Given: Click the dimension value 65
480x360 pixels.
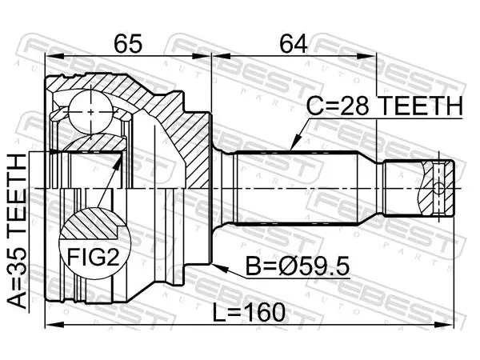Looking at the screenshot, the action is (128, 43).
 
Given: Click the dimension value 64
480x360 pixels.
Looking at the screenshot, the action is (294, 43).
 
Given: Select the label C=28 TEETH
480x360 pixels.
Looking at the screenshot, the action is (385, 106).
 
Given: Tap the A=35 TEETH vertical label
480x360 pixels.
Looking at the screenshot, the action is (17, 230).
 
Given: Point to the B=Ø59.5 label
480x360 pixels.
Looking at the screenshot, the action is (298, 266).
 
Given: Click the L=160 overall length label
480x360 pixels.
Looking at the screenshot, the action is (249, 313).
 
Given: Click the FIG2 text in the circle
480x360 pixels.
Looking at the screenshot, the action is (93, 257).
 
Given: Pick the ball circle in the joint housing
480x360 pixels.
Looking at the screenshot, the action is (91, 112).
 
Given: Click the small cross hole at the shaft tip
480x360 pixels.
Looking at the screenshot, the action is (438, 188).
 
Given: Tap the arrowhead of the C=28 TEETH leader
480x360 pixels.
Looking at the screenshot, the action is (294, 144).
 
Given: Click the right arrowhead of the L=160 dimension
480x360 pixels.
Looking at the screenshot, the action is (445, 325).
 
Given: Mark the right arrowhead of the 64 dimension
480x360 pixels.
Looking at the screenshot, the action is (367, 56).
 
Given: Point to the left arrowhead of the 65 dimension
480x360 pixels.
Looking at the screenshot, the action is (54, 56).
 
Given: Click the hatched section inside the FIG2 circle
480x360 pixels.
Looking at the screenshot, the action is (90, 223).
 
